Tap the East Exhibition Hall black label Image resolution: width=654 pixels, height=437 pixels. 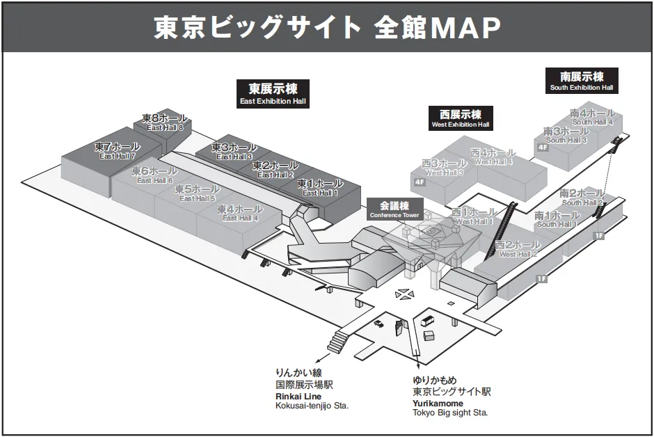click(273, 93)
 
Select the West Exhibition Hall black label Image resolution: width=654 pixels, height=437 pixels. click(461, 118)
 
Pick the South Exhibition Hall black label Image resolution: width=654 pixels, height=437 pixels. click(582, 81)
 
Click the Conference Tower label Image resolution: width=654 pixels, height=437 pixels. click(394, 210)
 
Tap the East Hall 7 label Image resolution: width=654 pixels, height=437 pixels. click(117, 151)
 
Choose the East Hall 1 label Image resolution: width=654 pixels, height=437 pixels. click(320, 188)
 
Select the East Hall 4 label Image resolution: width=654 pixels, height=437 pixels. click(240, 213)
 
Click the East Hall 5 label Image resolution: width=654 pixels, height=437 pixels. click(198, 193)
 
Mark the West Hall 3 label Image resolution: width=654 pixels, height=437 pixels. click(444, 168)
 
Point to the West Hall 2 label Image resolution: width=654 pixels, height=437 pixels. click(518, 249)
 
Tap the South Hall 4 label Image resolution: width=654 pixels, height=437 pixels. click(592, 117)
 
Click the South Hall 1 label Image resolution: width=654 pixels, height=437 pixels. click(557, 220)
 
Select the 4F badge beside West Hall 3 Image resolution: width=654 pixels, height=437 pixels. click(419, 182)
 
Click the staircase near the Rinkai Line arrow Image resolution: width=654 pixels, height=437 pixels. click(340, 341)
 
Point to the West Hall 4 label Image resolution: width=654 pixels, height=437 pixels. click(493, 157)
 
